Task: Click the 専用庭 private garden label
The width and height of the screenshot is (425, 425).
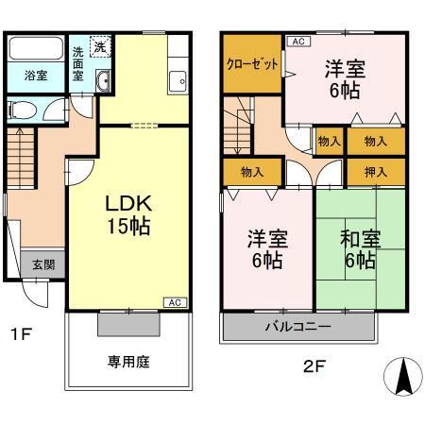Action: point(129,362)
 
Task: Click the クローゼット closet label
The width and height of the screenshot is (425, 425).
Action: point(251,65)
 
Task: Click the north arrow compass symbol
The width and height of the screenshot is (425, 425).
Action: point(400,378)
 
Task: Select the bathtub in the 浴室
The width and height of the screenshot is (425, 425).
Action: point(35,50)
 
